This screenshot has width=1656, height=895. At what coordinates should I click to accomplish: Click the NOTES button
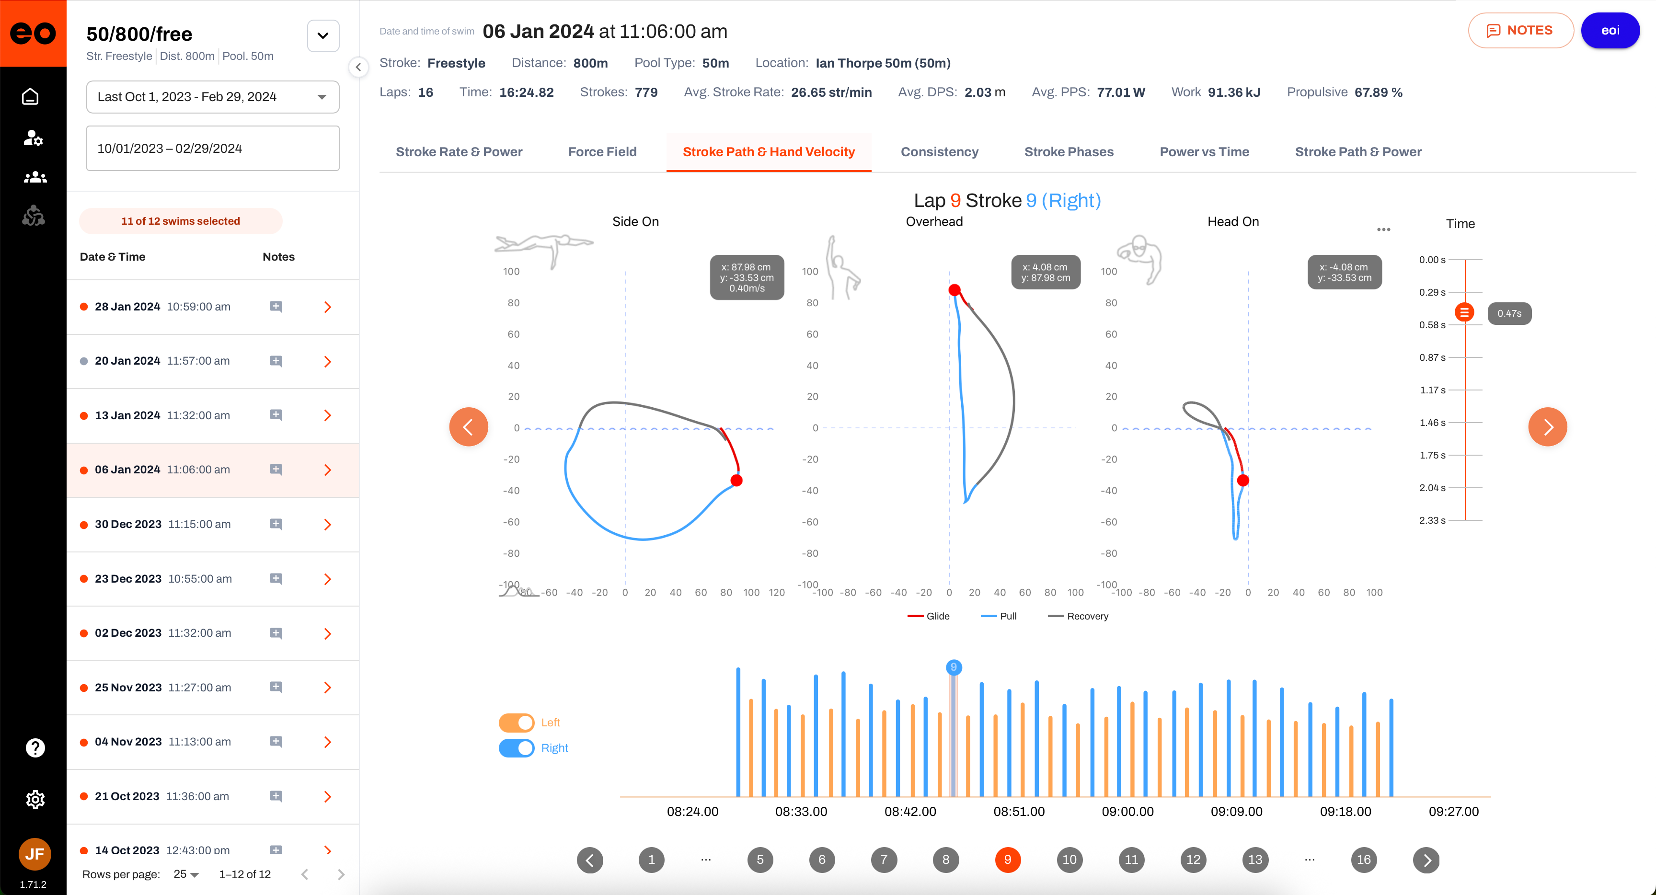tap(1520, 30)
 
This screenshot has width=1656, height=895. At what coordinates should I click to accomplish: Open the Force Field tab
tap(602, 152)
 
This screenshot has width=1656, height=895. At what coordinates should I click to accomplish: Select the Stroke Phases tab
tap(1069, 152)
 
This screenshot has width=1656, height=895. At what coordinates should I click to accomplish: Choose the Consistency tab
tap(939, 152)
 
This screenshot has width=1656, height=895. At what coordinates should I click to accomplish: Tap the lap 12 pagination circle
tap(1193, 860)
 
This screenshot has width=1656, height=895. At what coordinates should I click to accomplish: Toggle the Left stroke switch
tap(516, 723)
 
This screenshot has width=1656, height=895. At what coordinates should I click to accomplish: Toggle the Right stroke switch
tap(516, 748)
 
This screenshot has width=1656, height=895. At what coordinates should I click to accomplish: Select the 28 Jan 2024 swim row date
tap(127, 307)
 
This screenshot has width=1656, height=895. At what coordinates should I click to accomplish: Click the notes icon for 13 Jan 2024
tap(276, 415)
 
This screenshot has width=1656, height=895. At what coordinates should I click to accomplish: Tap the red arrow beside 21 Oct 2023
tap(327, 797)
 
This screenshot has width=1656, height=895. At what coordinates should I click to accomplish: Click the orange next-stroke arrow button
tap(1547, 427)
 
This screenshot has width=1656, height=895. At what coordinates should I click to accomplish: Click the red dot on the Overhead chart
tap(954, 290)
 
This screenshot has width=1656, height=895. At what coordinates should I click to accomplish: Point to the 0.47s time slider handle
tap(1464, 312)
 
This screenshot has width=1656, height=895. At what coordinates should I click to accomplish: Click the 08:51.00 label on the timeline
tap(1019, 812)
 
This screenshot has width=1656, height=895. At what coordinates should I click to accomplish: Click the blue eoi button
tap(1610, 30)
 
